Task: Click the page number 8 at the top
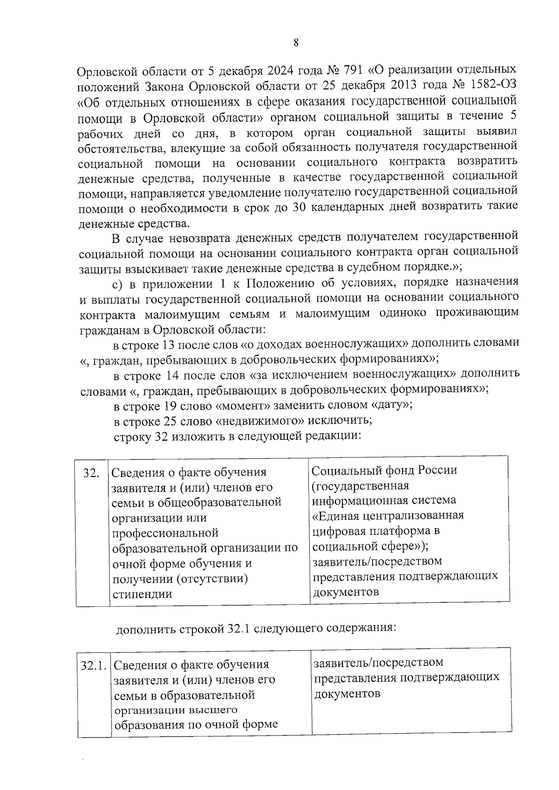[296, 42]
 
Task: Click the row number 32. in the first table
[91, 473]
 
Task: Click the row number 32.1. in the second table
[94, 666]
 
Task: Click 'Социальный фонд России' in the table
[384, 470]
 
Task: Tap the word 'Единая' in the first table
[340, 516]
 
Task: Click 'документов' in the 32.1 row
[347, 693]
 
